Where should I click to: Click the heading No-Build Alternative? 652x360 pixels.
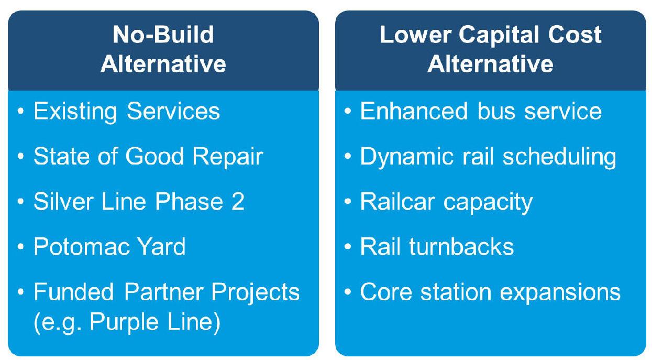coord(163,50)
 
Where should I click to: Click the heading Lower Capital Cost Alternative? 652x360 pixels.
coord(490,50)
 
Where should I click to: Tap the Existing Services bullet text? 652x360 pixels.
coord(126,112)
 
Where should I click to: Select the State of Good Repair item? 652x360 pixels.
coord(148,157)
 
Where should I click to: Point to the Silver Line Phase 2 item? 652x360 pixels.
coord(139,202)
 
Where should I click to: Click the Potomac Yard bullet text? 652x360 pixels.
coord(109,246)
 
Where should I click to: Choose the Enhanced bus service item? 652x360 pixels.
coord(481,112)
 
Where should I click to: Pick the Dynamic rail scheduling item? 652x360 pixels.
coord(488,157)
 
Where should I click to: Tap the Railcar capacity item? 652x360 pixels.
coord(446,202)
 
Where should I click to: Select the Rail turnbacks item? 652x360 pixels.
coord(437,246)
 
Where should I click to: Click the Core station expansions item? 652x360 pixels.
coord(490,292)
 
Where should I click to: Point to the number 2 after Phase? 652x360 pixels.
coord(238,202)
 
